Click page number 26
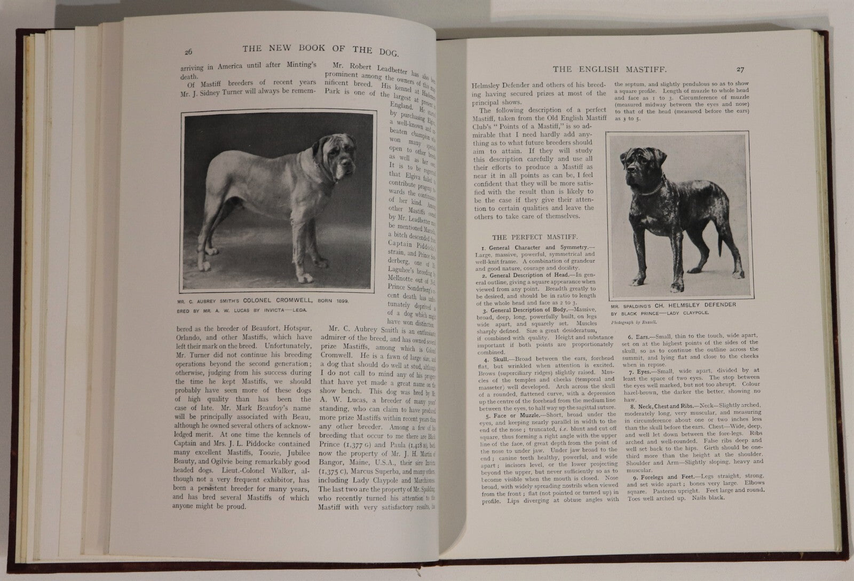[x=188, y=52]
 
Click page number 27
[x=740, y=69]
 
